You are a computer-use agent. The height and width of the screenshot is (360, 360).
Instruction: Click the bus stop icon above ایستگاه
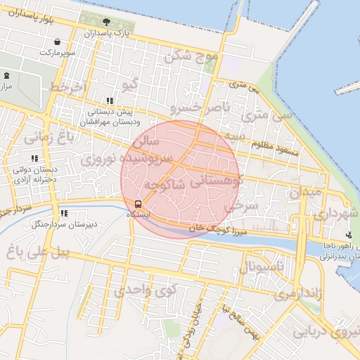pos(138,204)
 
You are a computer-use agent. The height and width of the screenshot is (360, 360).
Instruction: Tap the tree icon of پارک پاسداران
pos(106,22)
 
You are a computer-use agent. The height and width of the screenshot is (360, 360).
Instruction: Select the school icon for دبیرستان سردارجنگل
pos(64,213)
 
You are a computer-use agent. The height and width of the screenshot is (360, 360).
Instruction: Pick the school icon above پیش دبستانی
pos(109,101)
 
